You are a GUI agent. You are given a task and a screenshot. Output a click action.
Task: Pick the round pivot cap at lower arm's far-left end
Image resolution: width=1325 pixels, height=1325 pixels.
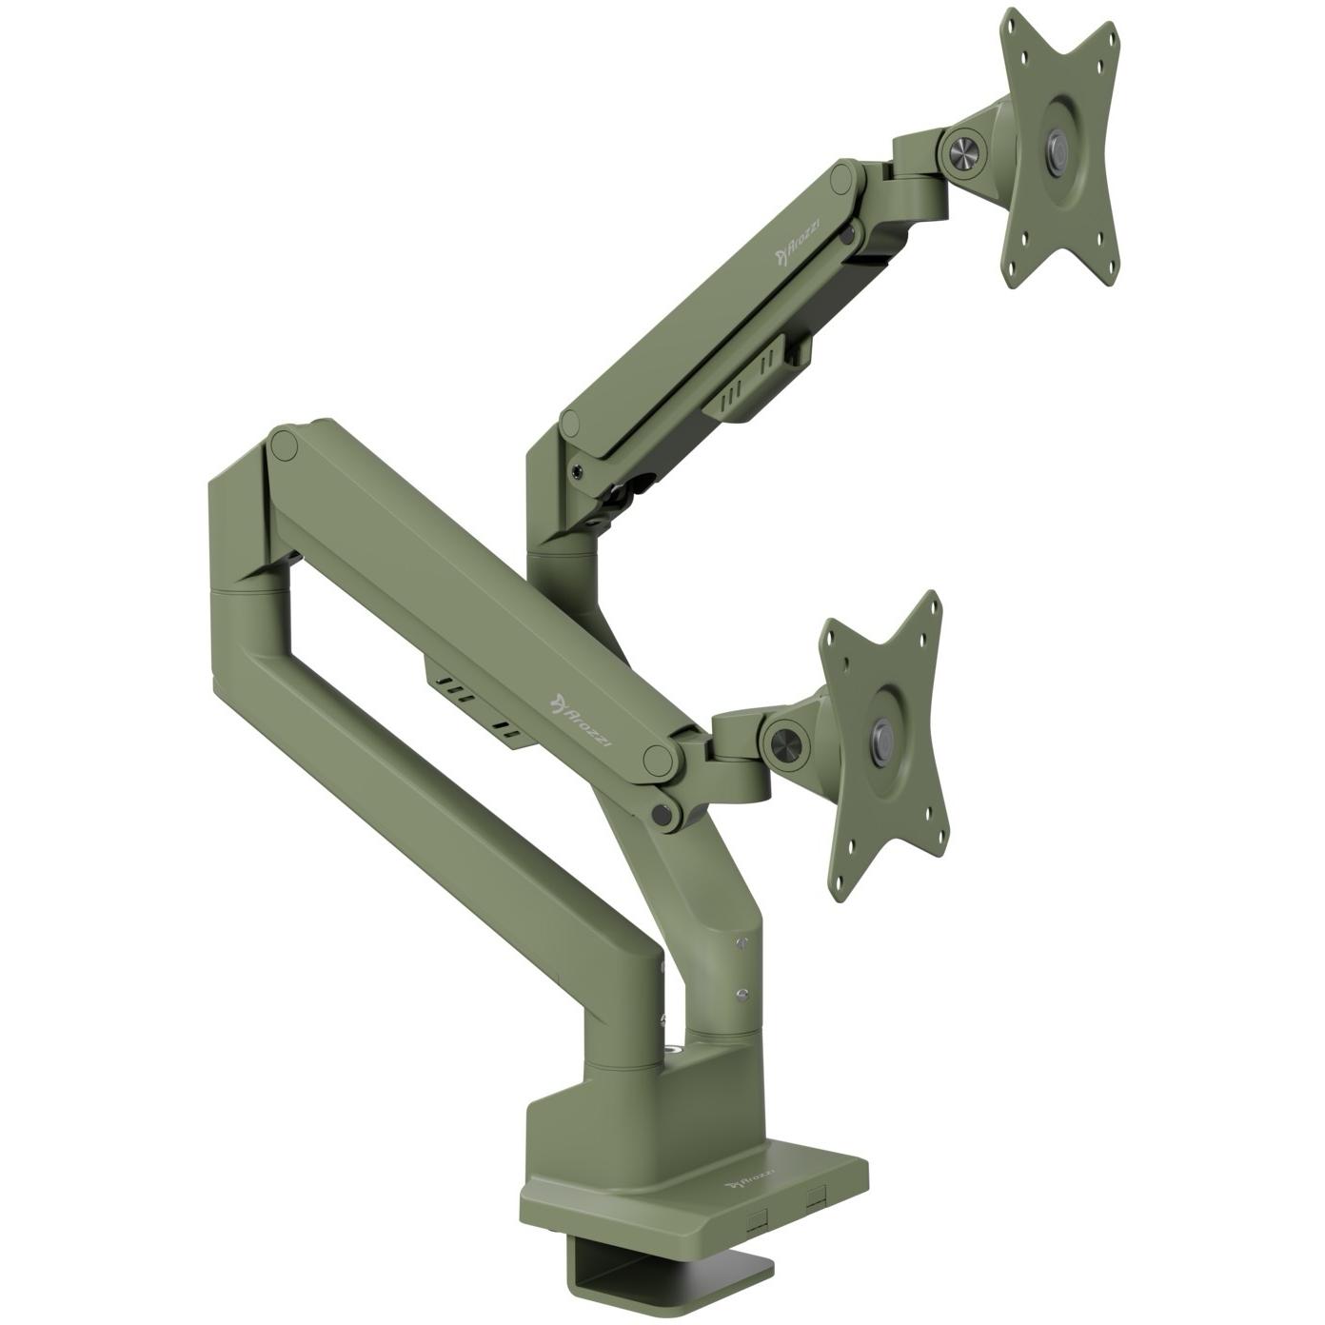point(284,445)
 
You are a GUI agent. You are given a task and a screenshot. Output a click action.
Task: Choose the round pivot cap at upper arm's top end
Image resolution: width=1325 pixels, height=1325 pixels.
point(841,179)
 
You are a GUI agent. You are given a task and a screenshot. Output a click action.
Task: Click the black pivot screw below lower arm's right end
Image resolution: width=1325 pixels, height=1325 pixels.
point(661,813)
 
